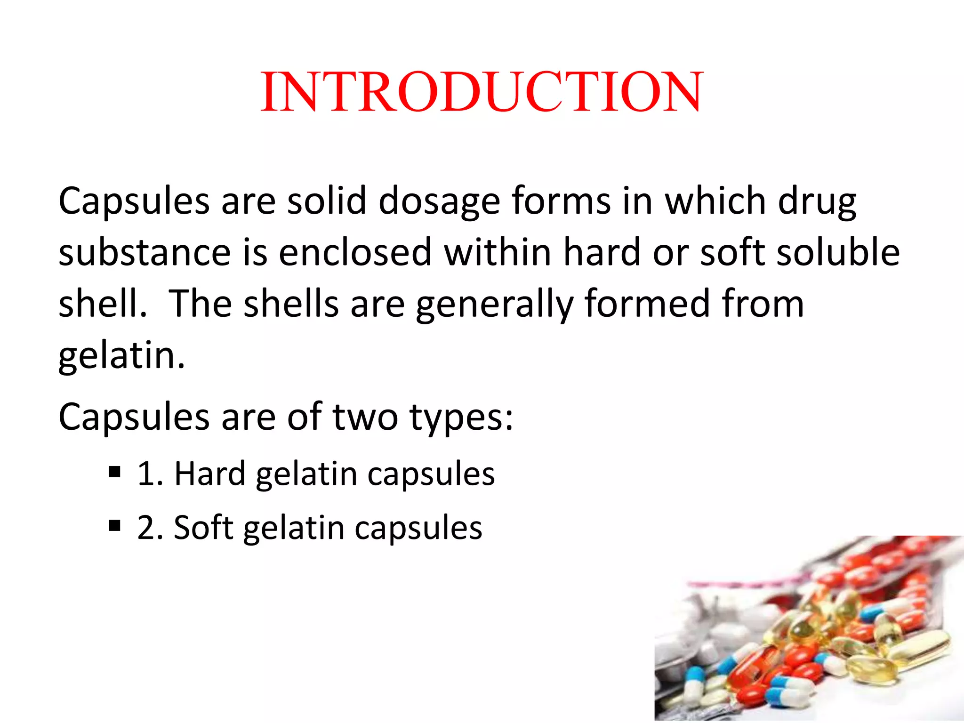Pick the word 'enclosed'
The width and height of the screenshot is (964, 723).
pyautogui.click(x=355, y=252)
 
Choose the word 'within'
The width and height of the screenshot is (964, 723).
pyautogui.click(x=498, y=252)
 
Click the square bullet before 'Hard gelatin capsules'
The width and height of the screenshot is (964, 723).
pyautogui.click(x=114, y=471)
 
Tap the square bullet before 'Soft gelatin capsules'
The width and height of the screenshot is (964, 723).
pyautogui.click(x=114, y=525)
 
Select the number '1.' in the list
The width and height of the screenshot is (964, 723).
pyautogui.click(x=150, y=473)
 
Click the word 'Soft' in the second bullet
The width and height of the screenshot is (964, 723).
pyautogui.click(x=203, y=527)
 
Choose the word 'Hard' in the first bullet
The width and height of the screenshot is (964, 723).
pyautogui.click(x=210, y=473)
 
